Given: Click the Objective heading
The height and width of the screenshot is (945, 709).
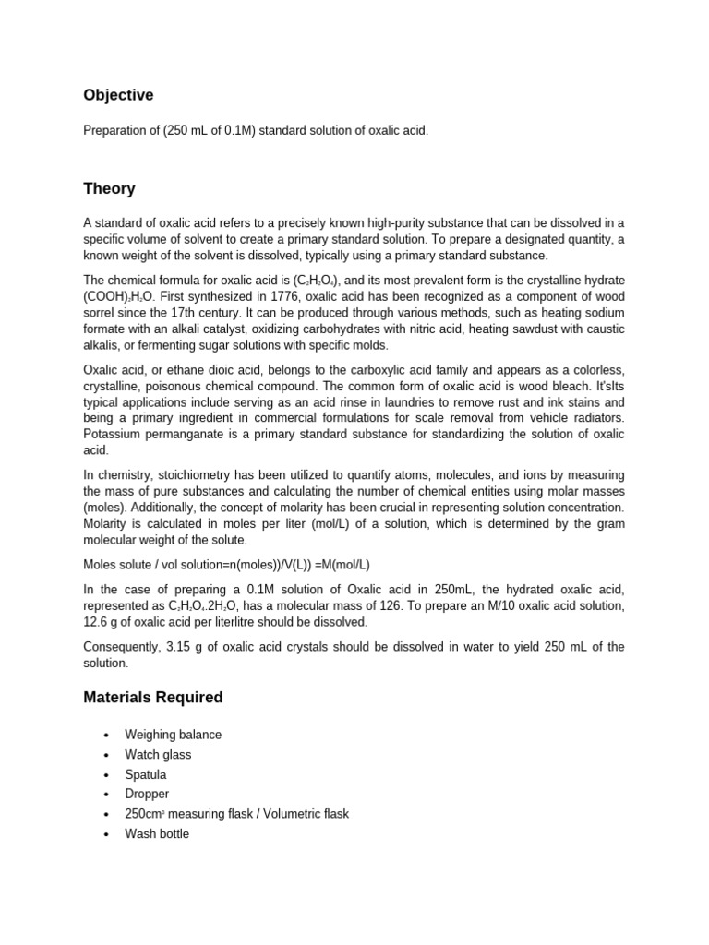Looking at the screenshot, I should tap(118, 96).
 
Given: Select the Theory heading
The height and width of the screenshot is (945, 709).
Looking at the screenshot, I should tap(109, 189).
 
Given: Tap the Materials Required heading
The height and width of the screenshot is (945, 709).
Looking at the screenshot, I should tap(153, 698).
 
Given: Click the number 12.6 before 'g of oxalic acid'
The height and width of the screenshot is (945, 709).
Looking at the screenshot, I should tap(98, 622).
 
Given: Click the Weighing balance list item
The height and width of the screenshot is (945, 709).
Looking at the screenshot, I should tap(174, 735).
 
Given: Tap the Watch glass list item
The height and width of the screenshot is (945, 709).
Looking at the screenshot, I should tap(158, 755).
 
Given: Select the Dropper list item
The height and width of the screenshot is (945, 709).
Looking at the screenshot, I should tap(147, 794).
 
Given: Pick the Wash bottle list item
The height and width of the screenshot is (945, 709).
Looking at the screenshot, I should tap(157, 833).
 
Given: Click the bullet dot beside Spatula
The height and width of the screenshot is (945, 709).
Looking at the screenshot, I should tap(106, 775).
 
